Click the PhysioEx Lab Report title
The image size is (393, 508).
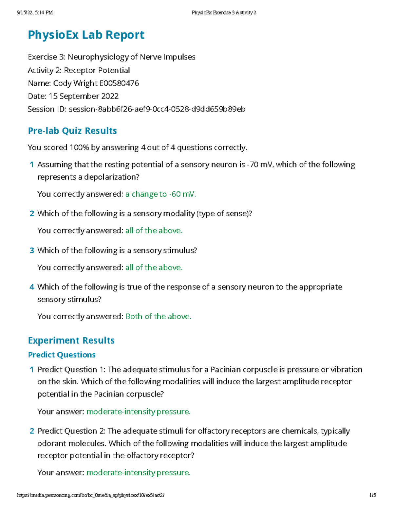(86, 35)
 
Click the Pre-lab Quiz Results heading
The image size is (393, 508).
(72, 131)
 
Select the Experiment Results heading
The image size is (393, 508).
(71, 341)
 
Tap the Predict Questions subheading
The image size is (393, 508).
(62, 355)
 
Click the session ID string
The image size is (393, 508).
(157, 109)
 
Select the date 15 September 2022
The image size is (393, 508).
(84, 96)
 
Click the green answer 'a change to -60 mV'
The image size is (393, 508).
(160, 194)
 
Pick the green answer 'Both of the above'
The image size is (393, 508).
(158, 317)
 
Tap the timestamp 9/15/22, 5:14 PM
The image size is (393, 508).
(35, 13)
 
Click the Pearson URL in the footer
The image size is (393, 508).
(90, 495)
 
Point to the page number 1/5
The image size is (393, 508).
(373, 495)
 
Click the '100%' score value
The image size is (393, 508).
(79, 148)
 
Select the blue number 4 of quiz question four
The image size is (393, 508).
(32, 287)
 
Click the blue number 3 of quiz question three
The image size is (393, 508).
(32, 251)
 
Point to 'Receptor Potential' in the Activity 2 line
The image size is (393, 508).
(97, 70)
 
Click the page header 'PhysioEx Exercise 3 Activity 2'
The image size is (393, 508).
(224, 13)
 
